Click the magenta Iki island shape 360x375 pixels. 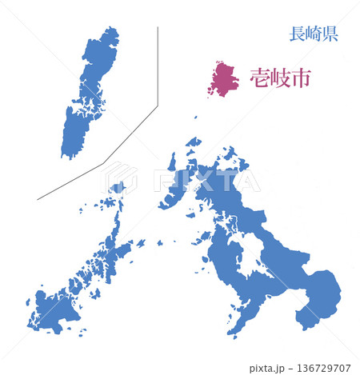tap(223, 78)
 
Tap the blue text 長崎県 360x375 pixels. tap(313, 34)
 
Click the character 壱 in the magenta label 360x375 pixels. tap(260, 78)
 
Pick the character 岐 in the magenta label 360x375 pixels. tap(280, 78)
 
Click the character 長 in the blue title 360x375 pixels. tap(297, 34)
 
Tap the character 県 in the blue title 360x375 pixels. tap(330, 34)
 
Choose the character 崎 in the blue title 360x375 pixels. tap(313, 34)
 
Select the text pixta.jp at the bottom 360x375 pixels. tap(270, 368)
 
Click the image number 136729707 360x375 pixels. tap(325, 368)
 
